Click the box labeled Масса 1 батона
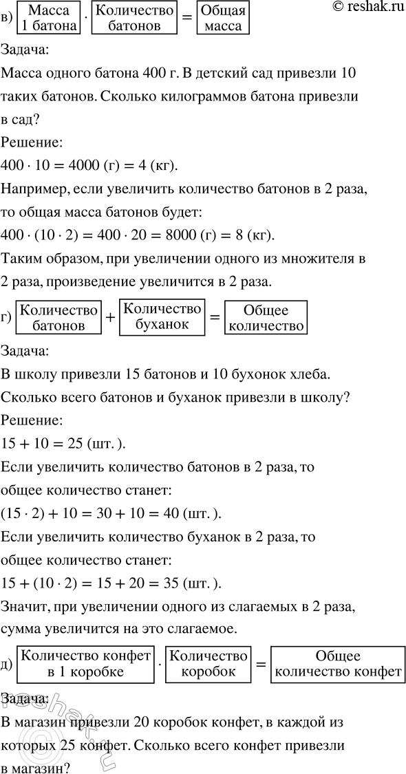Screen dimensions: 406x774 pos(51,18)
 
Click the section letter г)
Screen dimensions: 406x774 pos(8,317)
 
